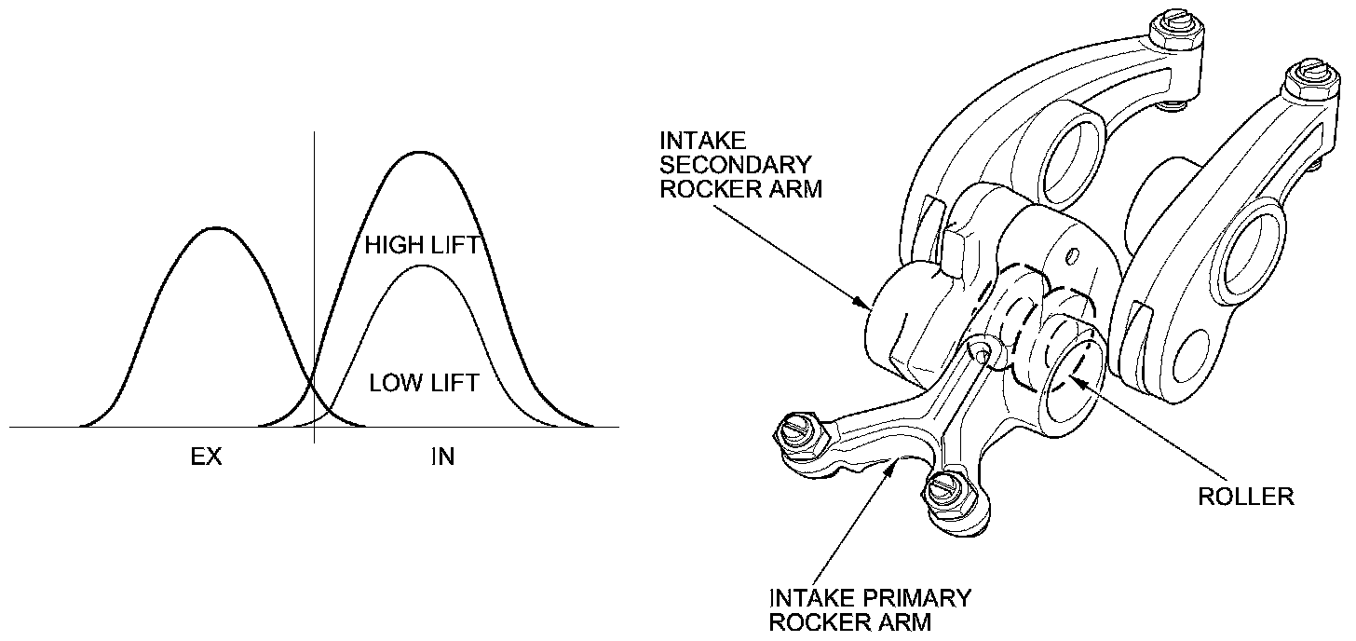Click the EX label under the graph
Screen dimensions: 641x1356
click(206, 457)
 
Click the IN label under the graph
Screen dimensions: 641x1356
click(443, 457)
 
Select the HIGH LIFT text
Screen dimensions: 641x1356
click(422, 246)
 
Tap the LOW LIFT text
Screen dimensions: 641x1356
click(424, 383)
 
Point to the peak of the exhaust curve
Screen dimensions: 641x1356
click(216, 227)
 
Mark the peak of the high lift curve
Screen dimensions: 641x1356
click(420, 152)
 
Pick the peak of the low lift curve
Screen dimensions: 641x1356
click(423, 266)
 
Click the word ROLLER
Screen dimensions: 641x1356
click(1246, 496)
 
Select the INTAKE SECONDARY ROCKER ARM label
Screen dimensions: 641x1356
click(736, 164)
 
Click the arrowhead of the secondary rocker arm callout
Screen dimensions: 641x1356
click(870, 305)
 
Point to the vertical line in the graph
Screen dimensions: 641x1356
click(315, 280)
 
